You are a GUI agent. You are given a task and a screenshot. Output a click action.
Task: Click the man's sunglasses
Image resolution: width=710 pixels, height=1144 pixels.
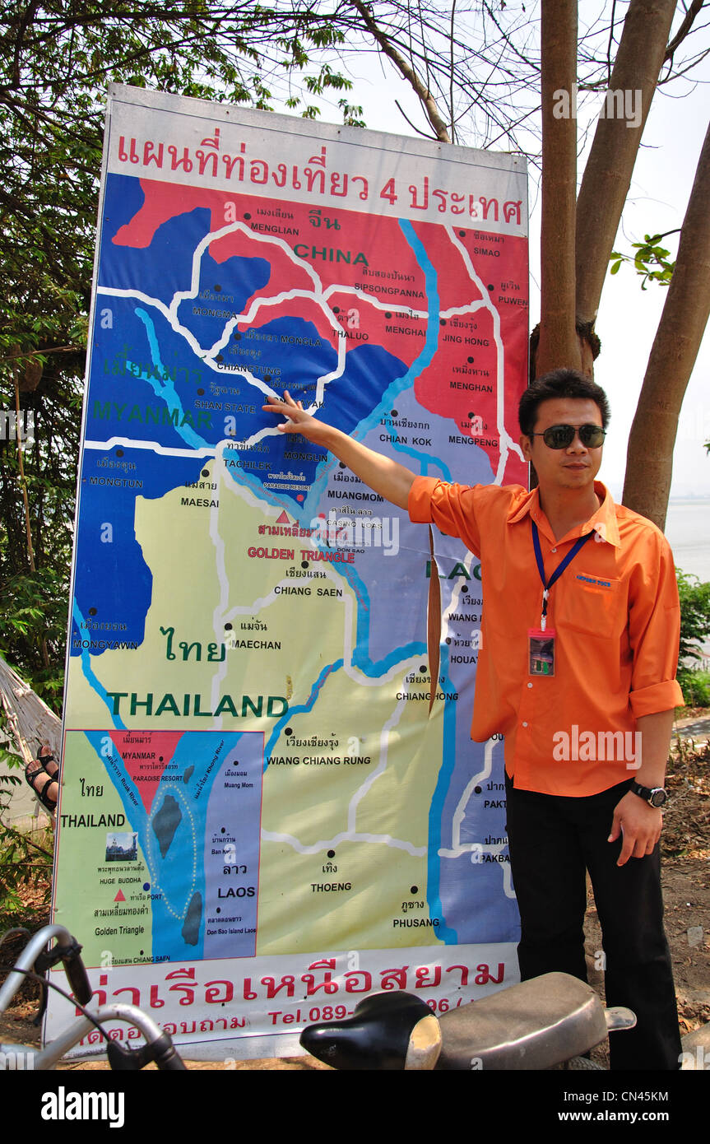coord(568,435)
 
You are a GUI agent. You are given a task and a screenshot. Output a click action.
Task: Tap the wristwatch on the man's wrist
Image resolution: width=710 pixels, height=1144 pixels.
coord(650,793)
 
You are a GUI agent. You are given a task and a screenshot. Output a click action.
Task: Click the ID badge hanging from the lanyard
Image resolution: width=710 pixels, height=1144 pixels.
coord(541,652)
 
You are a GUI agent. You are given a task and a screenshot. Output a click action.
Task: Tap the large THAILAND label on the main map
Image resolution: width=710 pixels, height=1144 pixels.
coord(197,705)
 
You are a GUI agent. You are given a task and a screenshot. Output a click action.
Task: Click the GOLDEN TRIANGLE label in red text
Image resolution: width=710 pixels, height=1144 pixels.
coord(301,556)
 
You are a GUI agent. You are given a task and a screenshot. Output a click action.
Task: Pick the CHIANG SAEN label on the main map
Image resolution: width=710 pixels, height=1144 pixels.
coord(308,591)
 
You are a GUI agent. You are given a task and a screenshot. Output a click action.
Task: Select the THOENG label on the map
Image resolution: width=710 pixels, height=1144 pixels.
coord(331,886)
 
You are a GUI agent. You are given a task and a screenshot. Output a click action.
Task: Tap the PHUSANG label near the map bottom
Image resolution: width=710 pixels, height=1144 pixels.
coord(415,923)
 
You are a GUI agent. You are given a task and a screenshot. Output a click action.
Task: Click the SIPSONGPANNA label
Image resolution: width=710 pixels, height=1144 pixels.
coord(389,291)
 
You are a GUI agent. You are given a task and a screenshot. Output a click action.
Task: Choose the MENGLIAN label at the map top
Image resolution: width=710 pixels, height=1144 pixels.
coord(275,230)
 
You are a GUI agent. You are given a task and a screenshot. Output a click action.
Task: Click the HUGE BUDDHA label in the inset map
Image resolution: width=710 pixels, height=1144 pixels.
coord(120,879)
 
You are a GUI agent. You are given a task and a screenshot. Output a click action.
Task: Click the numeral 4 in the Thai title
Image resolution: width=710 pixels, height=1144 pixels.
coord(388,191)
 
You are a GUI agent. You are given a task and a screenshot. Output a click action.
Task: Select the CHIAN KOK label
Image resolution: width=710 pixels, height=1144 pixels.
coord(404,439)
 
